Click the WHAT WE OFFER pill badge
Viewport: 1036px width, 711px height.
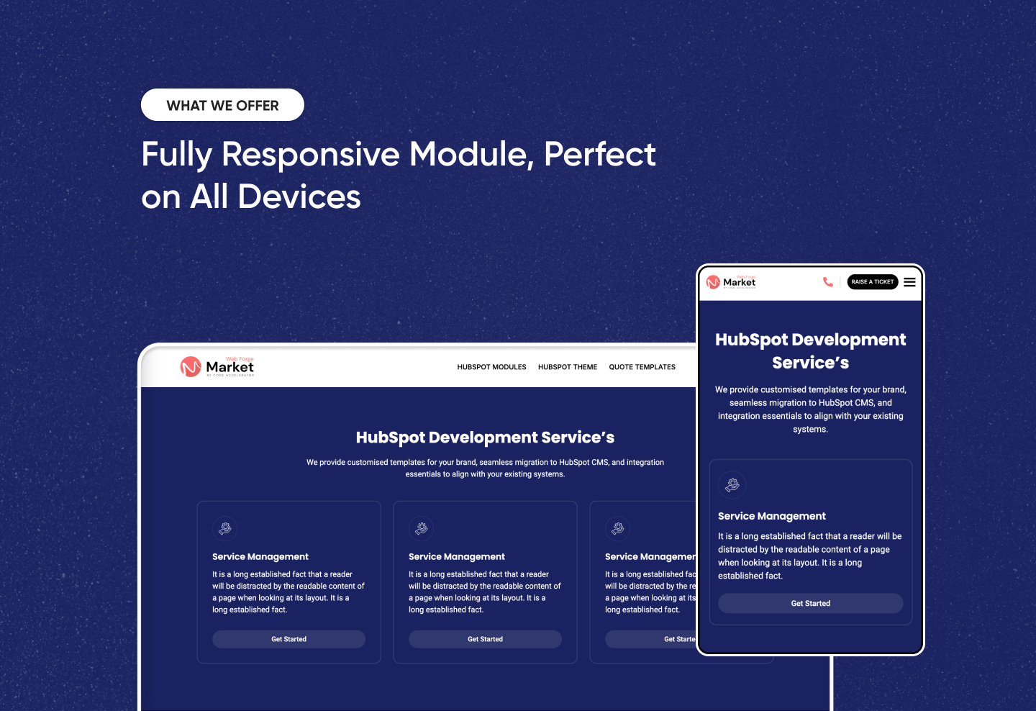coord(222,105)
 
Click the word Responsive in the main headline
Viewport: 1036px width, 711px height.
coord(310,155)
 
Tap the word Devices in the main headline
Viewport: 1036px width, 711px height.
coord(299,196)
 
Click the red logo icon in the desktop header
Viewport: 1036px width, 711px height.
coord(191,367)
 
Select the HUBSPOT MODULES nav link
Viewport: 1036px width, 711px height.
coord(491,367)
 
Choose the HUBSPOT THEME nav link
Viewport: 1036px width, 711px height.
coord(568,367)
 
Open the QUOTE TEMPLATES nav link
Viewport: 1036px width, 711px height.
coord(642,367)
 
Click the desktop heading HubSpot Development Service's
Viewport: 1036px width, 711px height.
coord(485,438)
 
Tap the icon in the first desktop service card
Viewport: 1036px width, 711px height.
coord(225,528)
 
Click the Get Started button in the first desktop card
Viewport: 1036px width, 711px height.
coord(288,639)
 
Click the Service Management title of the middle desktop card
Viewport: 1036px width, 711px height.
coord(456,557)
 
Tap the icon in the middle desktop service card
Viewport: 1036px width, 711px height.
coord(422,528)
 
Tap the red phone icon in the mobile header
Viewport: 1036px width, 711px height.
coord(828,282)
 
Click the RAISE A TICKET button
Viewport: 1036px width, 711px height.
coord(872,282)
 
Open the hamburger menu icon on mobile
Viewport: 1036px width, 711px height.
coord(910,282)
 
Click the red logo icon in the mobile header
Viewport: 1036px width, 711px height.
coord(713,282)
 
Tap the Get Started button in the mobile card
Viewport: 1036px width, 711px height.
coord(810,604)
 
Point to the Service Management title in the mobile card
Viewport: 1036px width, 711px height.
coord(771,516)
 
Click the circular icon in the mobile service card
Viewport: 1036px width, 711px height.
coord(732,485)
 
